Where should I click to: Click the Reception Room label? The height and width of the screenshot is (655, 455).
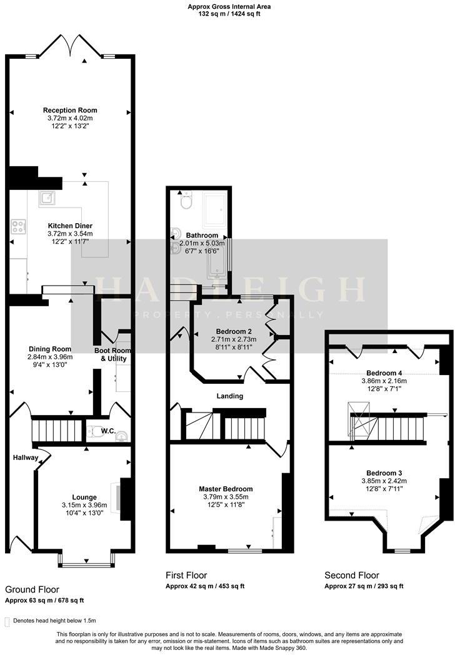click(70, 110)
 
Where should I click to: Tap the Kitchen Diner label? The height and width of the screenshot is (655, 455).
click(70, 226)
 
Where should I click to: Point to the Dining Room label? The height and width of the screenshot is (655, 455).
click(50, 349)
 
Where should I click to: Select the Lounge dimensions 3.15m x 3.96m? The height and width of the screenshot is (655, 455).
click(84, 505)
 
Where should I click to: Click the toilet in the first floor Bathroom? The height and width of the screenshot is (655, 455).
click(185, 202)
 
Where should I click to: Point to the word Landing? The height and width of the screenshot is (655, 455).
click(230, 396)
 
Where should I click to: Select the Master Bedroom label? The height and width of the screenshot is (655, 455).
click(226, 488)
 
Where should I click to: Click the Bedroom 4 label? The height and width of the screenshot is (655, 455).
click(384, 372)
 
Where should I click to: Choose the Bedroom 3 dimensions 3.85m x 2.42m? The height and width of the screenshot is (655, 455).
click(384, 481)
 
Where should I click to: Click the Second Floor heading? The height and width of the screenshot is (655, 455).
click(351, 575)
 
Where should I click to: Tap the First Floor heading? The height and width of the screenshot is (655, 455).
click(186, 575)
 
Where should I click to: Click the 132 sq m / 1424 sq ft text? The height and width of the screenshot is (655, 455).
click(224, 13)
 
